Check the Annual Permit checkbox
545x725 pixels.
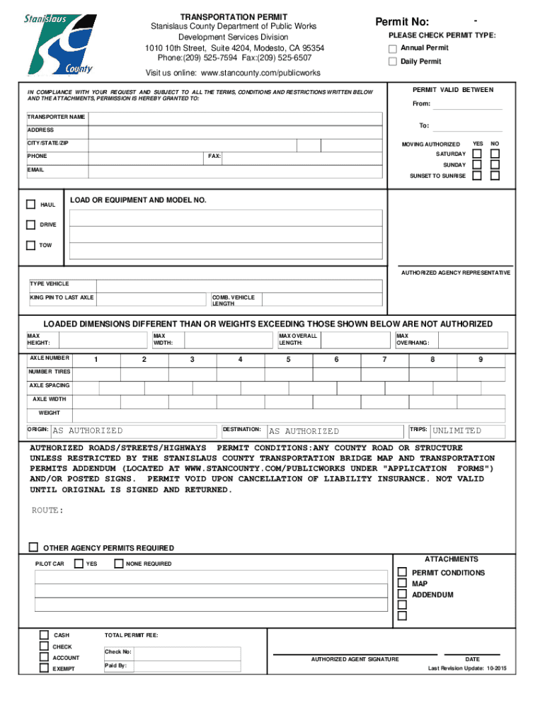pyautogui.click(x=393, y=48)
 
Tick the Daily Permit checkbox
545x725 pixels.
pyautogui.click(x=393, y=62)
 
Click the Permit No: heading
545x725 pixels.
pyautogui.click(x=402, y=23)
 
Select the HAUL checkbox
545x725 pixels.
pyautogui.click(x=30, y=205)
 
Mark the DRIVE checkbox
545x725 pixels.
pyautogui.click(x=30, y=224)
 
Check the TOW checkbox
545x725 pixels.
pyautogui.click(x=30, y=246)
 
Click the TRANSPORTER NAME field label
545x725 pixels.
pyautogui.click(x=56, y=116)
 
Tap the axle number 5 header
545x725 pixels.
pyautogui.click(x=288, y=359)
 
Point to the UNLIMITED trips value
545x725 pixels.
pyautogui.click(x=457, y=431)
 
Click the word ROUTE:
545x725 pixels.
pyautogui.click(x=47, y=510)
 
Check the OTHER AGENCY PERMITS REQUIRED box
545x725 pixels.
pyautogui.click(x=33, y=547)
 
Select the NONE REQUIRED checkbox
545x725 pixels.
pyautogui.click(x=118, y=564)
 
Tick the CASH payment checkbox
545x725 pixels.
pyautogui.click(x=44, y=635)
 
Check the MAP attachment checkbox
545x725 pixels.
pyautogui.click(x=402, y=583)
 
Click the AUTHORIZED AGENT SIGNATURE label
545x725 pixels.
pyautogui.click(x=355, y=659)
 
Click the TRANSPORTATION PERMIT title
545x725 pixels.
pyautogui.click(x=234, y=16)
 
